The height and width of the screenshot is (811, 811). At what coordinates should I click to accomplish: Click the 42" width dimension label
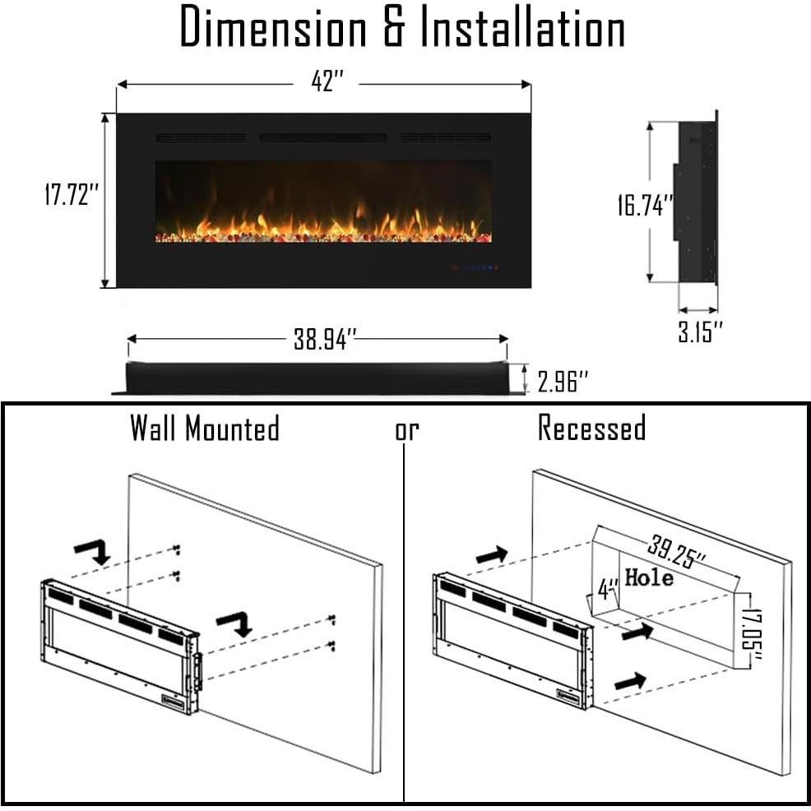327,83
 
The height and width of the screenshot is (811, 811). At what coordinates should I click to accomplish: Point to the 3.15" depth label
701,333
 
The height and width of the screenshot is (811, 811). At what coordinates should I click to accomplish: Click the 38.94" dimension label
326,339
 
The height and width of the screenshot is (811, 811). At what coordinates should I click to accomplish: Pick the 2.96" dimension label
563,381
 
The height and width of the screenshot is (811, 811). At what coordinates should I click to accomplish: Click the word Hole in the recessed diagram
649,577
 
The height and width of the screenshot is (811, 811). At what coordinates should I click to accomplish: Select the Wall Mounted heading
205,429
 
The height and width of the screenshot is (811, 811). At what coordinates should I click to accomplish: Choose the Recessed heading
592,429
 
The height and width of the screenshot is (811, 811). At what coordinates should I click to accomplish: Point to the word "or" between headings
406,430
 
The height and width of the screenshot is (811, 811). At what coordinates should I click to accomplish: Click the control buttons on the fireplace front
475,267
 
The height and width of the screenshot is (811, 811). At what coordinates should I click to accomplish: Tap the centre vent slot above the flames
323,137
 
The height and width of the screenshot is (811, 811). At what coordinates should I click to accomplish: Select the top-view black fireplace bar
317,378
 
